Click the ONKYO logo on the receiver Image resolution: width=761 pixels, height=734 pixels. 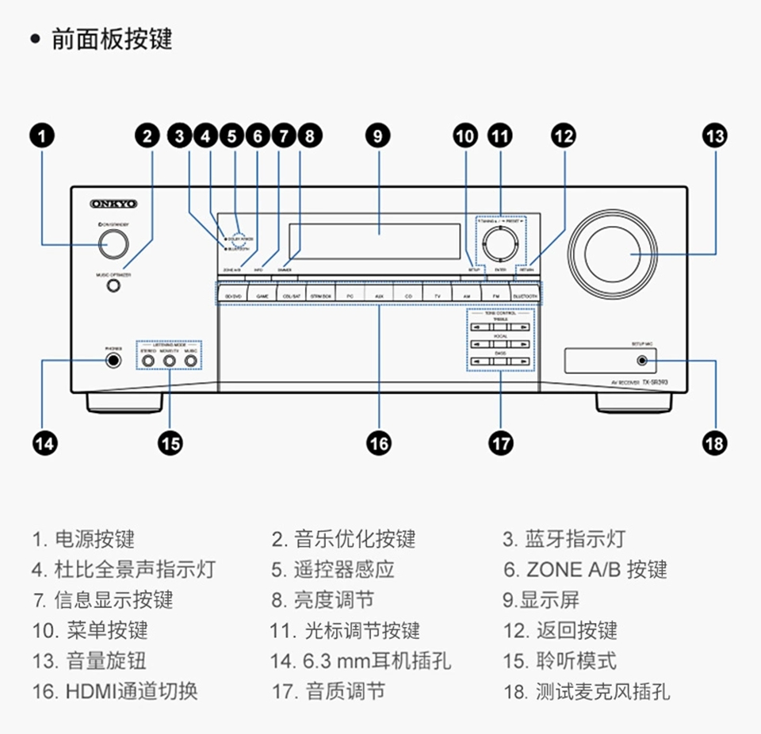[114, 205]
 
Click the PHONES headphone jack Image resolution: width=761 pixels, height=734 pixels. [115, 361]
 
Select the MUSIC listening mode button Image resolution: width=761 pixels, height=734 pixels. [190, 361]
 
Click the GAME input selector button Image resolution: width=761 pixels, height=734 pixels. [262, 295]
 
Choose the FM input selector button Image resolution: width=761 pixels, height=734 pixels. [495, 295]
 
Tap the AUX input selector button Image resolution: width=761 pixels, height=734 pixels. [379, 295]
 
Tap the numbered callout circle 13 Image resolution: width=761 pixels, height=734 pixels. [714, 136]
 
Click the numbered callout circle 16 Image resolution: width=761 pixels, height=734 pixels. [379, 443]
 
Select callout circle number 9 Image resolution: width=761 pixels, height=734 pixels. [378, 136]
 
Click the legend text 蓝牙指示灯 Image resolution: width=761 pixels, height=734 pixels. [575, 540]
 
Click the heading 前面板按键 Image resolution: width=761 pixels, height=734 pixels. [111, 39]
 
